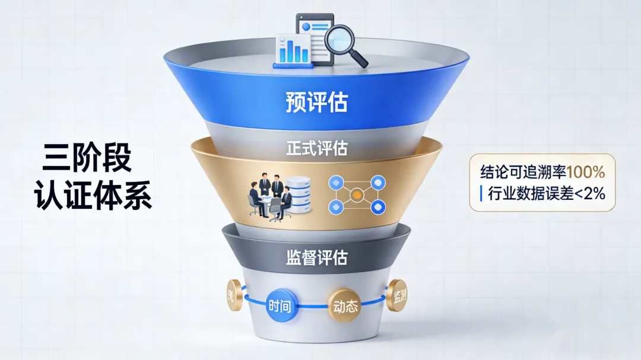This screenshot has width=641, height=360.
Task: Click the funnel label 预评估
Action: [316, 102]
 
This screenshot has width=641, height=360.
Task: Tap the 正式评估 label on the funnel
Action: [316, 147]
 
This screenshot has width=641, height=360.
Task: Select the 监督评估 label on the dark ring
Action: [316, 257]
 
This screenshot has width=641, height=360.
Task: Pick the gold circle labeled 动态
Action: [345, 307]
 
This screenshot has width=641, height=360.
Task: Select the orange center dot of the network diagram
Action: [357, 193]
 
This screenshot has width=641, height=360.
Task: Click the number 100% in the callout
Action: [586, 173]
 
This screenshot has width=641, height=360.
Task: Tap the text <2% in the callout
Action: [591, 193]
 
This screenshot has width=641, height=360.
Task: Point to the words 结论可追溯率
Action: [523, 173]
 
